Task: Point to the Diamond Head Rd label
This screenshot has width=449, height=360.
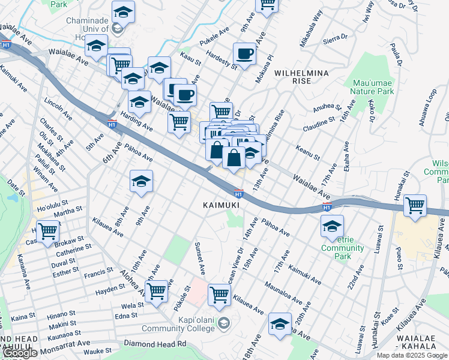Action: [155, 344]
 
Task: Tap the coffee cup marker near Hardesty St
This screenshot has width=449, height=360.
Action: [244, 53]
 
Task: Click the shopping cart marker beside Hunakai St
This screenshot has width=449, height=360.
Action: [415, 205]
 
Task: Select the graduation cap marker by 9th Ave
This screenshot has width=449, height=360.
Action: [141, 181]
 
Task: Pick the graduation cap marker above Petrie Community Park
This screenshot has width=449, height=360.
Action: [331, 226]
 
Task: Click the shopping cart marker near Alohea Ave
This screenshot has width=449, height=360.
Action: [156, 292]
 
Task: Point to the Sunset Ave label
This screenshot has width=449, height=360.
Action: [199, 257]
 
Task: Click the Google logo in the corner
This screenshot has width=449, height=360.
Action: [19, 353]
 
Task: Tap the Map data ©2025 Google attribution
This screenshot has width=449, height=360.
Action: [412, 355]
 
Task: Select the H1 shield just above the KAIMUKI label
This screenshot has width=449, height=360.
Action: [238, 193]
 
